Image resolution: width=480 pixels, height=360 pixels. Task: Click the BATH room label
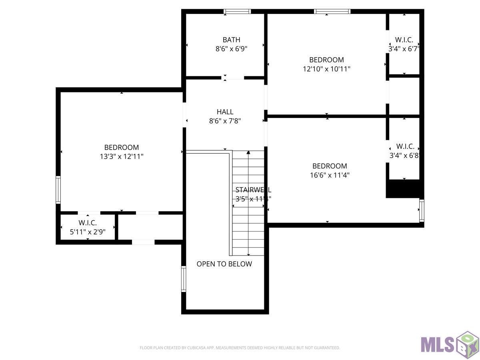pyautogui.click(x=231, y=40)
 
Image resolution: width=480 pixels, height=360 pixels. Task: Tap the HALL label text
pyautogui.click(x=225, y=112)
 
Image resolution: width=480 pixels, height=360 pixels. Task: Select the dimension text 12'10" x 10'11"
pyautogui.click(x=326, y=69)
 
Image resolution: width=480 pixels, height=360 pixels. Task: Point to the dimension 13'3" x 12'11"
pyautogui.click(x=122, y=156)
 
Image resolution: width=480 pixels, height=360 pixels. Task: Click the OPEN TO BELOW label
pyautogui.click(x=224, y=264)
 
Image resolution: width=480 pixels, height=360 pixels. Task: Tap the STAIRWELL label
pyautogui.click(x=253, y=190)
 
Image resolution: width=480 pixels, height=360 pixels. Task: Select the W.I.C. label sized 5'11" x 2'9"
pyautogui.click(x=88, y=223)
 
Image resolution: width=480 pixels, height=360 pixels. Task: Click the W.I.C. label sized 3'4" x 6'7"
pyautogui.click(x=404, y=40)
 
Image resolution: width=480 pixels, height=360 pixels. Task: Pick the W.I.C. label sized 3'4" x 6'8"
pyautogui.click(x=405, y=146)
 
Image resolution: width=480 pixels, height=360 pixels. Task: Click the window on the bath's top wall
pyautogui.click(x=237, y=12)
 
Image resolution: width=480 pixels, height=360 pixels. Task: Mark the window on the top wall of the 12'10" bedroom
pyautogui.click(x=332, y=12)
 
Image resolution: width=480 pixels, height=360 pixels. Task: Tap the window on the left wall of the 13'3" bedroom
pyautogui.click(x=58, y=190)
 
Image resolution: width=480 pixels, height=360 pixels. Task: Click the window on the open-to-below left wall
pyautogui.click(x=184, y=279)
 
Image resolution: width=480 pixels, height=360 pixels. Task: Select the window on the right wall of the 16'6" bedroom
pyautogui.click(x=422, y=211)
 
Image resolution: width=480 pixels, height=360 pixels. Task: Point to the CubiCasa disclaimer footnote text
pyautogui.click(x=240, y=348)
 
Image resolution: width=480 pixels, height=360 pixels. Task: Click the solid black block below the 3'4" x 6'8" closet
pyautogui.click(x=404, y=188)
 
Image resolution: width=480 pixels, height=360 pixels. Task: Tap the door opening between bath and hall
pyautogui.click(x=233, y=78)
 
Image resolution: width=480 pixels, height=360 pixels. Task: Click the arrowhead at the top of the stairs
pyautogui.click(x=248, y=152)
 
